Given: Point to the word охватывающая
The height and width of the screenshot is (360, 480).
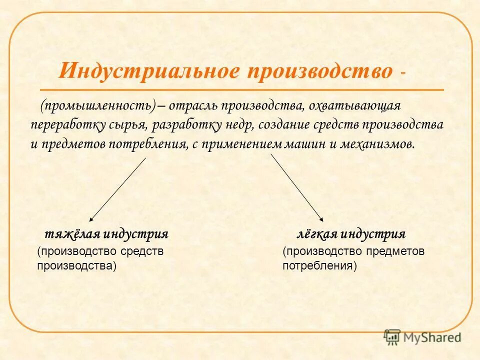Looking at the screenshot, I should [x=354, y=105].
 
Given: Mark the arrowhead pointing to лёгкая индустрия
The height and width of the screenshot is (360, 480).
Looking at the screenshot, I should [x=322, y=218].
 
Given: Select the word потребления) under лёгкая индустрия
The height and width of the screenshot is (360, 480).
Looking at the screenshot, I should [x=319, y=265].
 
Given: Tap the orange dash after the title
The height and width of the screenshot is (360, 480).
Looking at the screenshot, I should [x=403, y=74].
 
